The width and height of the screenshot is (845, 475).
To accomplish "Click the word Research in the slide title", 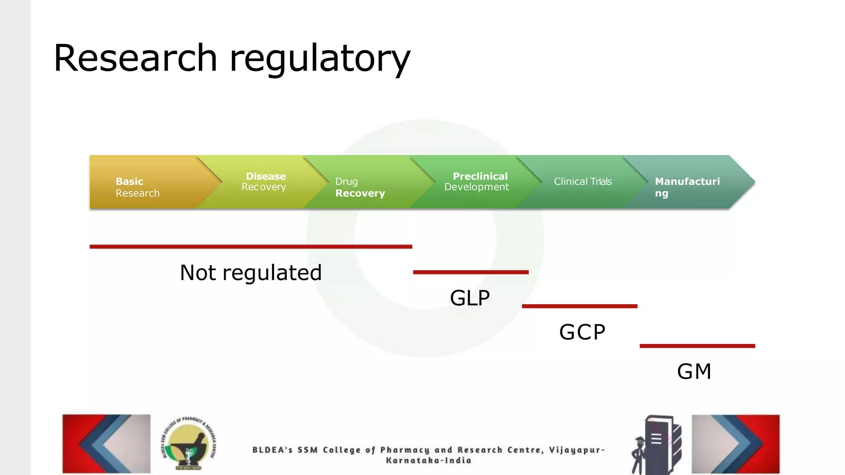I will (135, 58).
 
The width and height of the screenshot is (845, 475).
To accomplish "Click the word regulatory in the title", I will (320, 59).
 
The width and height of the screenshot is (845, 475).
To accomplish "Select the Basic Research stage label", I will (137, 187).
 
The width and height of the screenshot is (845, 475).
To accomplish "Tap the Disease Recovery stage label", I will (264, 181).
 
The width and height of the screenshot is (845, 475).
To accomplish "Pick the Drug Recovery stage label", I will (360, 187).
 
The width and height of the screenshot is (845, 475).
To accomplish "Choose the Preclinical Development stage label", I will (477, 181).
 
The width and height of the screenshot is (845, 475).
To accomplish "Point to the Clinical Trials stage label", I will (583, 181).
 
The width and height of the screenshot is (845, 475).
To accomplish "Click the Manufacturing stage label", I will (687, 187).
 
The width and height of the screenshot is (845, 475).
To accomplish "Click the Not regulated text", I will (251, 273).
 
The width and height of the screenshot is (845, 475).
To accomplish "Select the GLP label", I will (470, 298).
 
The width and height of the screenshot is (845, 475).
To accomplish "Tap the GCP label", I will (582, 332).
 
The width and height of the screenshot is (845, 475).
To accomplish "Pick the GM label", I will (694, 371).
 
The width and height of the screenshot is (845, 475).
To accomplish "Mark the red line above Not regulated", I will (251, 247).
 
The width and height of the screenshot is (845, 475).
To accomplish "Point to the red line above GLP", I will (471, 272).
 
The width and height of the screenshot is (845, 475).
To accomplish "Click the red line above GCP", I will (580, 306).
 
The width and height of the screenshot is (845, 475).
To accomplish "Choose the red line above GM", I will (697, 346).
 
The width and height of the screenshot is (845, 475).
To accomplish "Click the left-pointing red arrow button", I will (106, 444).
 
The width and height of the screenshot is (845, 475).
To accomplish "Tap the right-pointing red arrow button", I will (736, 444).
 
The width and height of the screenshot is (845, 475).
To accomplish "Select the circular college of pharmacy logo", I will (189, 444).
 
